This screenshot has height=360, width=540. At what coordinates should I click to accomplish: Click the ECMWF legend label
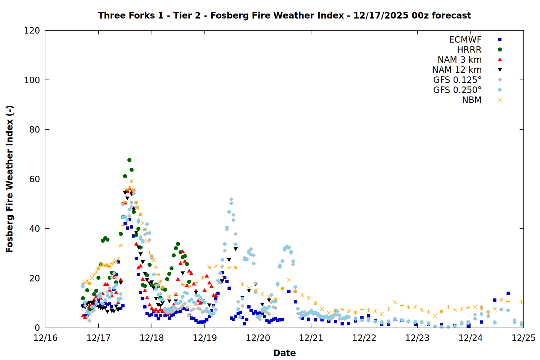tap(465, 40)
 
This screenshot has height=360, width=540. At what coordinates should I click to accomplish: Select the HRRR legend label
tap(469, 50)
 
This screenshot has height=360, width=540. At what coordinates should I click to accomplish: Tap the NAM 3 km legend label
tap(459, 60)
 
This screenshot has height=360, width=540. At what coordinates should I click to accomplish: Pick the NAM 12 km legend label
tap(457, 70)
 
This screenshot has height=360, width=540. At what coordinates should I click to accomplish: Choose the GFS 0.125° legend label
tap(457, 80)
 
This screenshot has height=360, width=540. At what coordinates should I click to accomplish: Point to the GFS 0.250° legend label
tap(457, 90)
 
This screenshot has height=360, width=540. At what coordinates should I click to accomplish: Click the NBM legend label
tap(472, 100)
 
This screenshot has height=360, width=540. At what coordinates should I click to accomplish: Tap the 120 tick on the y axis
tap(32, 31)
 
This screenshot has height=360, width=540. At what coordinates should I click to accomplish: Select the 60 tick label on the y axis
tap(35, 179)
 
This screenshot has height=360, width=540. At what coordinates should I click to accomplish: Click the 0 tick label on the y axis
tap(37, 328)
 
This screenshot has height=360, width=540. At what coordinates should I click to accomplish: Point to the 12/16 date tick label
tap(45, 338)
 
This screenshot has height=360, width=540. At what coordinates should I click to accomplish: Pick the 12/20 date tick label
tap(258, 338)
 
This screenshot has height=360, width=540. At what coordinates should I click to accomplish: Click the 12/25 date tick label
tap(523, 338)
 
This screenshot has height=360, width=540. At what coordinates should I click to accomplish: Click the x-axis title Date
tap(284, 353)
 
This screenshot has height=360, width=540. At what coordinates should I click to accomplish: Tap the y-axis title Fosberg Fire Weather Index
tap(10, 179)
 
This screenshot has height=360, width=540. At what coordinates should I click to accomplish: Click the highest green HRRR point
tap(129, 160)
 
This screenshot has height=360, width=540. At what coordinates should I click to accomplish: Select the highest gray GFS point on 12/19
tap(231, 199)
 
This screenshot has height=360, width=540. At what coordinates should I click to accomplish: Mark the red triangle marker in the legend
tap(500, 60)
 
